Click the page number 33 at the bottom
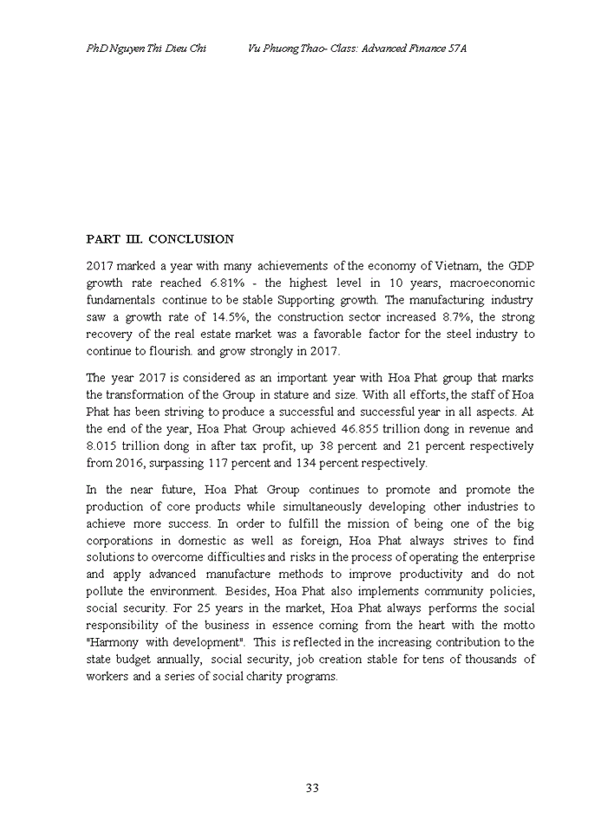click(313, 787)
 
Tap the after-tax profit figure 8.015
click(104, 445)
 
